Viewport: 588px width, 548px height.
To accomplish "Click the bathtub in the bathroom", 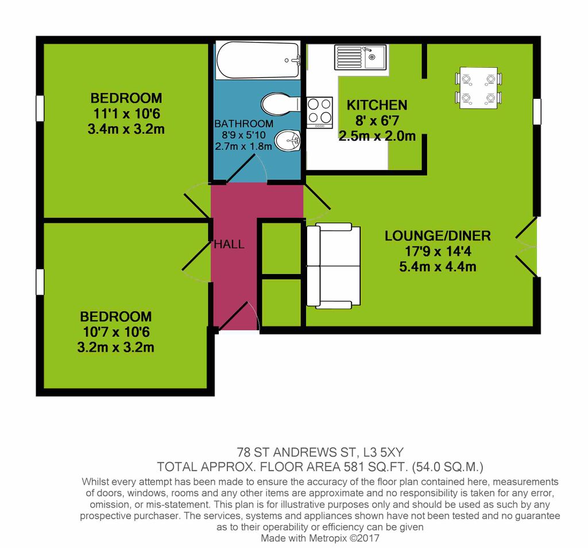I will pyautogui.click(x=258, y=60).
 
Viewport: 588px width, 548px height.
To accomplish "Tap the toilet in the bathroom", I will pyautogui.click(x=280, y=105).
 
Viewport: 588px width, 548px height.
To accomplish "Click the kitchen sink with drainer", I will pyautogui.click(x=361, y=57).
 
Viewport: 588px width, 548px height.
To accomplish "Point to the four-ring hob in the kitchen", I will pyautogui.click(x=320, y=112).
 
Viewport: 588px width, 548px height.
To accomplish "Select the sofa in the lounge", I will pyautogui.click(x=334, y=265).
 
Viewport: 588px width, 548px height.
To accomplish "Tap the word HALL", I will pyautogui.click(x=229, y=244).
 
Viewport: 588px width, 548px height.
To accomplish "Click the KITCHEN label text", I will pyautogui.click(x=377, y=105).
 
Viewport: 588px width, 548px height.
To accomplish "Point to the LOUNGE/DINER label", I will pyautogui.click(x=438, y=236).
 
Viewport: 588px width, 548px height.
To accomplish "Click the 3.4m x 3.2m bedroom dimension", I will pyautogui.click(x=126, y=129).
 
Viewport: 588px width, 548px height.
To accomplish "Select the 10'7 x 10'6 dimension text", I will pyautogui.click(x=115, y=332).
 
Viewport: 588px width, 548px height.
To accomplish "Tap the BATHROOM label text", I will pyautogui.click(x=244, y=124).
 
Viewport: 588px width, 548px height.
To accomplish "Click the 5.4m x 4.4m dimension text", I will pyautogui.click(x=438, y=267).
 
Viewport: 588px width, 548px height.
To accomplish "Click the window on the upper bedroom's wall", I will pyautogui.click(x=40, y=109).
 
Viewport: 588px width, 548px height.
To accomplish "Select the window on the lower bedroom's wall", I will pyautogui.click(x=40, y=281).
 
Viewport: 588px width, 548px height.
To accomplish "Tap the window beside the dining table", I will pyautogui.click(x=537, y=111).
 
